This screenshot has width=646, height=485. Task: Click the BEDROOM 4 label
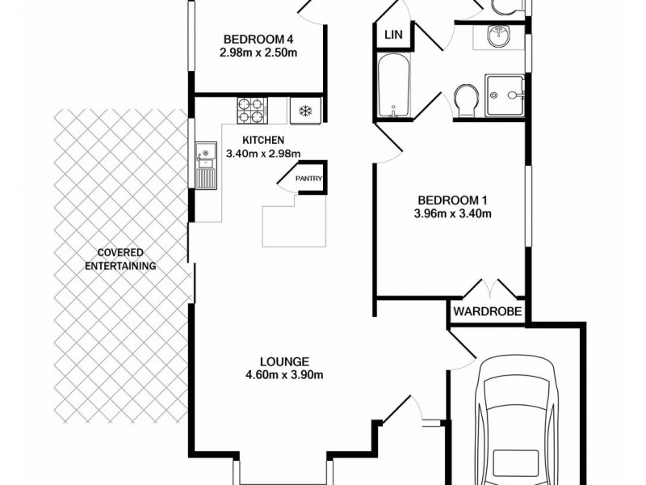click(258, 40)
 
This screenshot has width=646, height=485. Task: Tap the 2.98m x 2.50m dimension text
click(258, 53)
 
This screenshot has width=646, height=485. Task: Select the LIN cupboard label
click(394, 34)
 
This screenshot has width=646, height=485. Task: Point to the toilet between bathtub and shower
click(466, 101)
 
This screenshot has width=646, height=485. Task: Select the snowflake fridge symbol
click(306, 110)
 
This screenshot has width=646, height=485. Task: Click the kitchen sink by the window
click(205, 153)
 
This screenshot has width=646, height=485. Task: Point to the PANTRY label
click(308, 179)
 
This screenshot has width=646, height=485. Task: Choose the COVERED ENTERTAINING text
click(124, 257)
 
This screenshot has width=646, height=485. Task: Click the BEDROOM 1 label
click(454, 200)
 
